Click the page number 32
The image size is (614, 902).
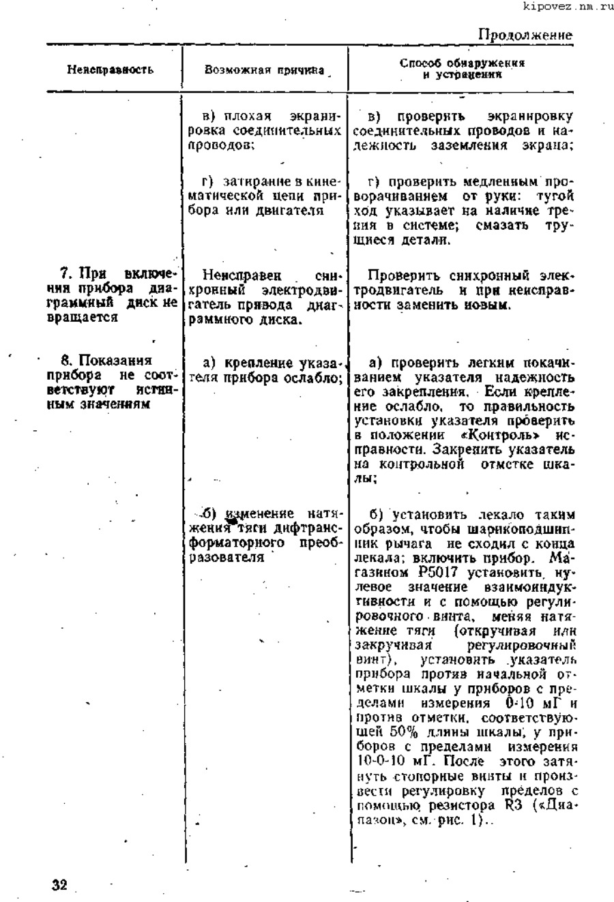[x=60, y=885]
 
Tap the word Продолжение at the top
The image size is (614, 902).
[x=525, y=35]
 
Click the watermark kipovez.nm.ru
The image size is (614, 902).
[x=568, y=7]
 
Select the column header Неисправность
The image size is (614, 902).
[x=110, y=70]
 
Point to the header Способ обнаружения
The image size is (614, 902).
[x=462, y=63]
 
